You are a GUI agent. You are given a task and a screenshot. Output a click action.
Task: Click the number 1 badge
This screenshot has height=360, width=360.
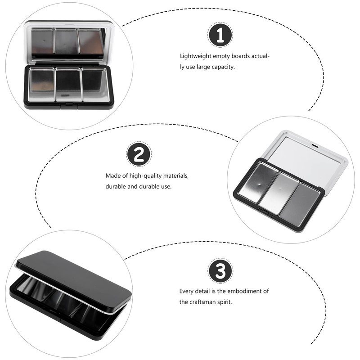[x=220, y=35]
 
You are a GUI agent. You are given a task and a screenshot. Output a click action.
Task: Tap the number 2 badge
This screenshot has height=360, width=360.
[x=139, y=154]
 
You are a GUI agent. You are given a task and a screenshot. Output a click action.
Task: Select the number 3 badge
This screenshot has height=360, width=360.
[x=220, y=271]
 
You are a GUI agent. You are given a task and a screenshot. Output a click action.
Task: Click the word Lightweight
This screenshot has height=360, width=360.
[x=195, y=56]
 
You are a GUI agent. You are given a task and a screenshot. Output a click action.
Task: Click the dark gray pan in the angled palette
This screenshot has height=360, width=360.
[x=300, y=200]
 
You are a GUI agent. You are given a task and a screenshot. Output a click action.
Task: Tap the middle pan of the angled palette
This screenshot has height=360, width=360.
[x=279, y=190]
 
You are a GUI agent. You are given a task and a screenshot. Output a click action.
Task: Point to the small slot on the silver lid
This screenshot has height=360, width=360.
[x=315, y=145]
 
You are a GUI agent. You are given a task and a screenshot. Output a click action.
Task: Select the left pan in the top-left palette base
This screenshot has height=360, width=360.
[x=41, y=84]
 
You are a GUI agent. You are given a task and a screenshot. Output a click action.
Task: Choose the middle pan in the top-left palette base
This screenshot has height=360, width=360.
[x=68, y=84]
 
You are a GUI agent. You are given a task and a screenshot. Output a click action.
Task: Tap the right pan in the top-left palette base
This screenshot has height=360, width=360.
[x=95, y=84]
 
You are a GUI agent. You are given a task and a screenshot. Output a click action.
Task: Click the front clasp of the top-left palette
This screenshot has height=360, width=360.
[x=69, y=104]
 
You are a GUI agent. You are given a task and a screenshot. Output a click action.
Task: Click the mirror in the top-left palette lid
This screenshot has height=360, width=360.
[x=68, y=41]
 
